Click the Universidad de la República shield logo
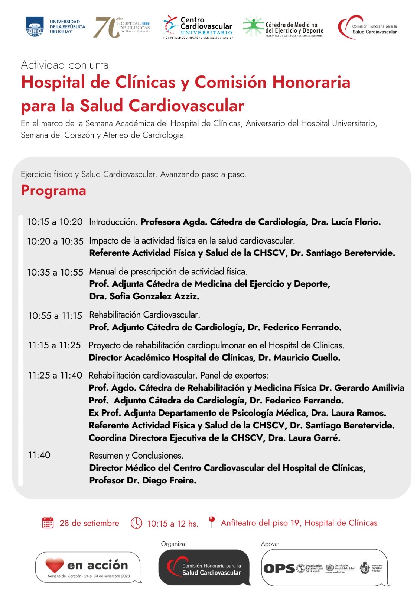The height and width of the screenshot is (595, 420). coord(35,27)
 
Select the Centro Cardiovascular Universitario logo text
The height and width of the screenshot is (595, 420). coord(206,26)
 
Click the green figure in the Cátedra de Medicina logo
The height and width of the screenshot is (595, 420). coord(253,26)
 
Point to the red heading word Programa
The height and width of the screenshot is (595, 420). coord(53,190)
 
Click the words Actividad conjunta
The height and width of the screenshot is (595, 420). coord(65,65)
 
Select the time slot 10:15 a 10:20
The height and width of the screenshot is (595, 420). coord(55,222)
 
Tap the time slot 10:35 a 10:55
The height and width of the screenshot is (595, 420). coord(55,272)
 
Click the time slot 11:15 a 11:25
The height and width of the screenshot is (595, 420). coord(55,345)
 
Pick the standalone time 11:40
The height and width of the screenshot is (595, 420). coord(39,455)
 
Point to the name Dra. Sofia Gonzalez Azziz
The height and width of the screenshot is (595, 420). coord(144,296)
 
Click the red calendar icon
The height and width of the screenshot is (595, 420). coord(48,522)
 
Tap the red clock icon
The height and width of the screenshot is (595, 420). coord(136,523)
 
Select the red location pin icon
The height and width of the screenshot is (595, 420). coord(212,521)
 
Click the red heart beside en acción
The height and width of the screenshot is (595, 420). coord(55,565)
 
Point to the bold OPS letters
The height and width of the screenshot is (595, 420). coord(279,569)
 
